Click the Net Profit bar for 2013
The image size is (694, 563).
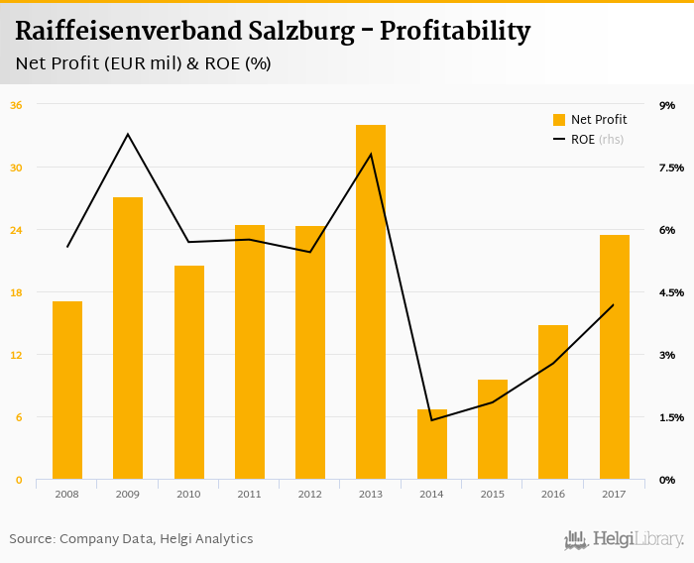371,302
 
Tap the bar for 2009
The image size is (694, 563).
128,338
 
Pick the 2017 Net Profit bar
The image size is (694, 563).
615,357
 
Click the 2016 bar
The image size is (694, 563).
553,401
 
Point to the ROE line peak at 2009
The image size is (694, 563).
128,134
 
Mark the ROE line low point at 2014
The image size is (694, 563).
432,419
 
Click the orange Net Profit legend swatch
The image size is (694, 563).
559,120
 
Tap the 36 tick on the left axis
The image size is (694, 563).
16,105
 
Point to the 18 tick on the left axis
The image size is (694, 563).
16,292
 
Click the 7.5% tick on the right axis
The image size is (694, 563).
671,168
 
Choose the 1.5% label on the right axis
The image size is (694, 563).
671,417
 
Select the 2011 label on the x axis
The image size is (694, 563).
249,494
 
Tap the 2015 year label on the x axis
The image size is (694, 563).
493,494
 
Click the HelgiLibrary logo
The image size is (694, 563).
625,539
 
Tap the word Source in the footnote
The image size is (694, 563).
30,539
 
